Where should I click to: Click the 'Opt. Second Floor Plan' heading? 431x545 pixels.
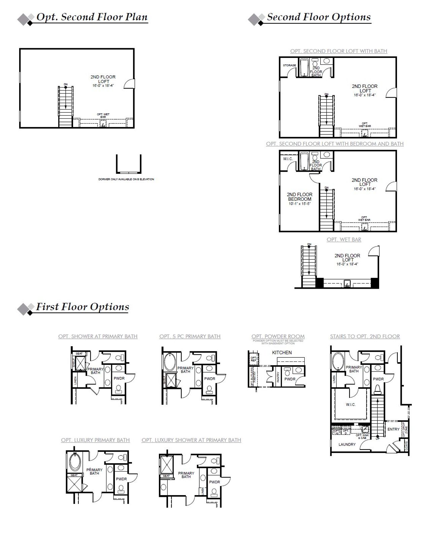coord(92,17)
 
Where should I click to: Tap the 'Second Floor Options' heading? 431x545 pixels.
coord(319,17)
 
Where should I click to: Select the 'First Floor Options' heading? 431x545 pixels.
coord(82,307)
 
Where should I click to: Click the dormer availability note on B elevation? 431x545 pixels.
coord(126,179)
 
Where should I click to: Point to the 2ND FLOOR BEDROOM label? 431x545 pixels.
coord(299,197)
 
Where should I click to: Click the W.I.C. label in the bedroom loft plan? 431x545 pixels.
coord(288,159)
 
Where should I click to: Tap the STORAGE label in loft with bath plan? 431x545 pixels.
coord(289,65)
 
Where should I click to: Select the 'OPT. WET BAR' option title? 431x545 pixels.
coord(344,239)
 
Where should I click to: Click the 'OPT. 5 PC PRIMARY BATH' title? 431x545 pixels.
coord(190,336)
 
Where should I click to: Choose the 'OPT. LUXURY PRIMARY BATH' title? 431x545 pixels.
coord(95,440)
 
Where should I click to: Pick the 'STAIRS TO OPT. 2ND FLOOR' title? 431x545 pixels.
coord(365,336)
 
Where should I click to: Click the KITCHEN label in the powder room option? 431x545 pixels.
coord(282,352)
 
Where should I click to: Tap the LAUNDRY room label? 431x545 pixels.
coord(347,444)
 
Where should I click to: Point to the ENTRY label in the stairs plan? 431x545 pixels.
coord(393,429)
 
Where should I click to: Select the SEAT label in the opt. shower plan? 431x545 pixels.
coord(79,354)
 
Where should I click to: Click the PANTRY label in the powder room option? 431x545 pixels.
coord(278,377)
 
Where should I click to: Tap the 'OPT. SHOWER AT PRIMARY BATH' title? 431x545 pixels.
coord(98,336)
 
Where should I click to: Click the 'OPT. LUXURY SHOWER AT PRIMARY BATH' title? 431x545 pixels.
coord(191,440)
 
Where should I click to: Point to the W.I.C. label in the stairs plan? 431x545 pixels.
coord(351,405)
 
